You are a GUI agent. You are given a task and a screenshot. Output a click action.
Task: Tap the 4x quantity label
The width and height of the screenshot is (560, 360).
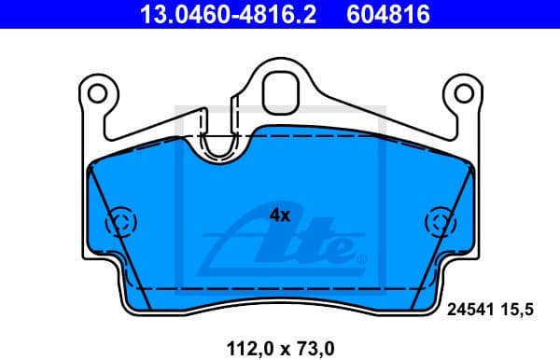tap(280, 215)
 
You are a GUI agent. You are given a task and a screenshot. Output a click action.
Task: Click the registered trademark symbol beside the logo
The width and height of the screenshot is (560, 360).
tap(362, 256)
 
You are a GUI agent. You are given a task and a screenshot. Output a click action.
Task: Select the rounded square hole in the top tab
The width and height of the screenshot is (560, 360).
tap(280, 90)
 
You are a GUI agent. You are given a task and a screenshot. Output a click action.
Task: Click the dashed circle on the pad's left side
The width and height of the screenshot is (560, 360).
tap(121, 224)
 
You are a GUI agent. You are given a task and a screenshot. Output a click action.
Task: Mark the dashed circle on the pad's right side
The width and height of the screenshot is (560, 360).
tap(439, 224)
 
